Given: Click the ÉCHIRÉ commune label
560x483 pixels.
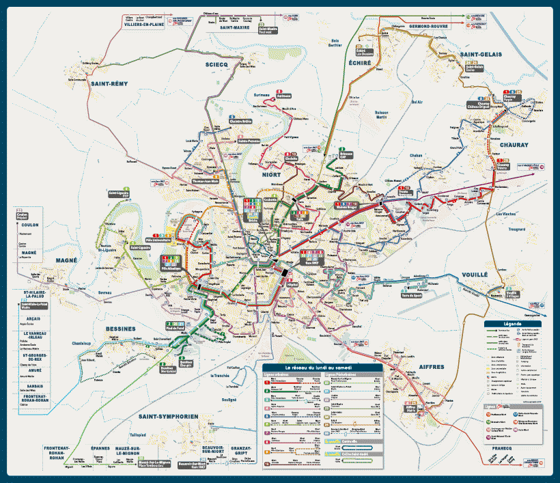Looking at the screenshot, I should tap(359, 62).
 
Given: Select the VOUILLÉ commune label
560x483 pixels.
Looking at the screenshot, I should tap(475, 274).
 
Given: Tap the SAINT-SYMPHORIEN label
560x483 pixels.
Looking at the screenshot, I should tap(168, 416).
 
